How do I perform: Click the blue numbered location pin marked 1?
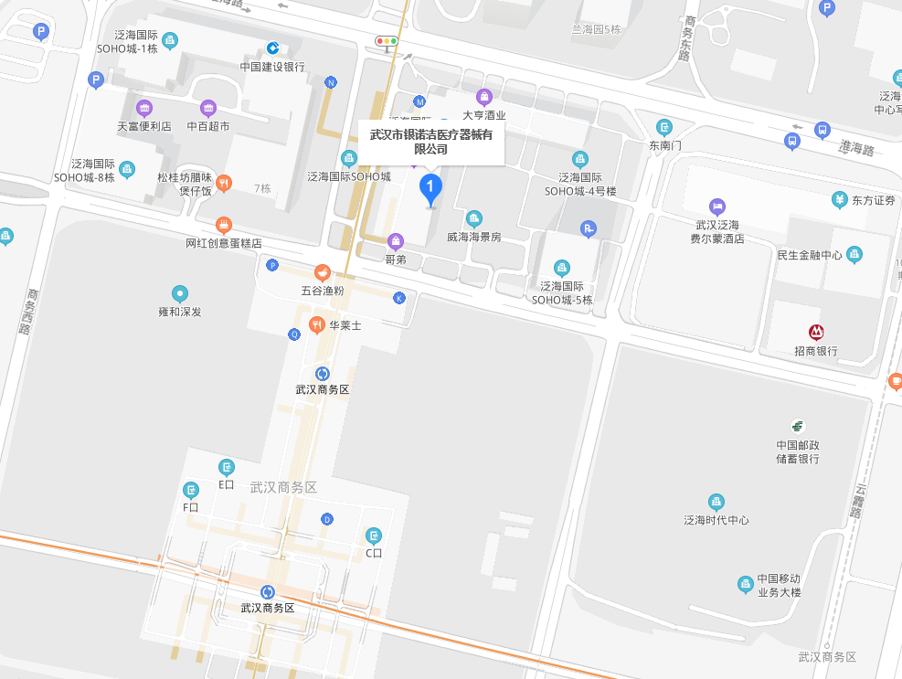430,188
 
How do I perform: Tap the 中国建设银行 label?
272,67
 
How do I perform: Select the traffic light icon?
387,41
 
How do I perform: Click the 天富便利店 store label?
144,126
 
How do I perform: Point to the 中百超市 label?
208,126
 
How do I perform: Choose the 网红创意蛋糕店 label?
224,244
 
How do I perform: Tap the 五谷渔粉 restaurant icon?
323,272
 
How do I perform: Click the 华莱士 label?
345,325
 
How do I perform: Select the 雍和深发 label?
179,312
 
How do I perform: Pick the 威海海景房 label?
473,237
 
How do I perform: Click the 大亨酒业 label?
483,115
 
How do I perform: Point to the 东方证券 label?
873,200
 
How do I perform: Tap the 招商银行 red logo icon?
816,333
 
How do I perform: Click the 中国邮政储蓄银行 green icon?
798,426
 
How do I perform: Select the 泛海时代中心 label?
716,520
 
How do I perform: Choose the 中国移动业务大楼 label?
778,586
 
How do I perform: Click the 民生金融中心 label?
810,255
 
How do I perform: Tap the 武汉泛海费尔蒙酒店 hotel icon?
717,207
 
